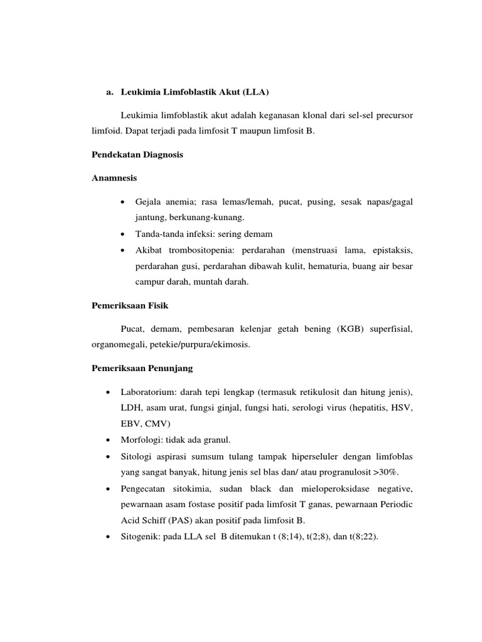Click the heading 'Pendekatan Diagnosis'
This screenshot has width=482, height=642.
(137, 155)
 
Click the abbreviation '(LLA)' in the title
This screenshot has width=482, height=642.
(255, 93)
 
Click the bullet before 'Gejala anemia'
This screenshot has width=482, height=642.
(120, 202)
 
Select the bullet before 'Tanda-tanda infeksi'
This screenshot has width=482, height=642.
(120, 234)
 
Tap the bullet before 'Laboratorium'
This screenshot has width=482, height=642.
(109, 392)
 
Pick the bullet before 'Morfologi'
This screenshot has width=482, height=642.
(109, 440)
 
